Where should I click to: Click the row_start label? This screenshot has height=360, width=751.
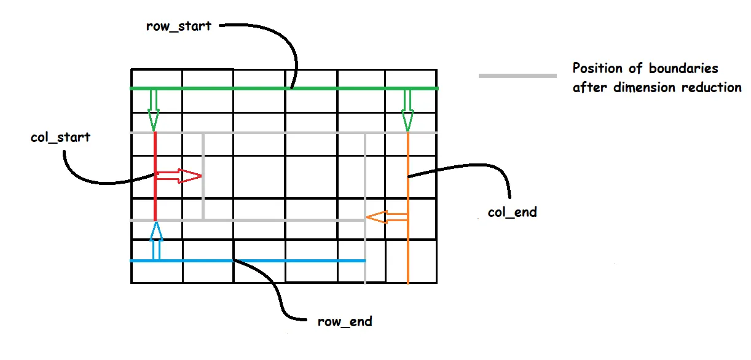click(179, 26)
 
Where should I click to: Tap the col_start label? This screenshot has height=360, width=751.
click(60, 137)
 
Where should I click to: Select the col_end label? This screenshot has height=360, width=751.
click(512, 213)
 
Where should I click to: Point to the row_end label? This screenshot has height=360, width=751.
click(345, 321)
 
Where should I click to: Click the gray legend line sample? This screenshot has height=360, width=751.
click(517, 76)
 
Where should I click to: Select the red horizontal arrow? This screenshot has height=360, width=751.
click(178, 177)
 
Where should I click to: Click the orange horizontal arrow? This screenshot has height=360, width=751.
click(387, 216)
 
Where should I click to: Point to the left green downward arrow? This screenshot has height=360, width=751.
click(153, 110)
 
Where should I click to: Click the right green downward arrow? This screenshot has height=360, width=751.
click(407, 110)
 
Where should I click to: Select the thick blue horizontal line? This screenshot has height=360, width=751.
click(295, 261)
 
